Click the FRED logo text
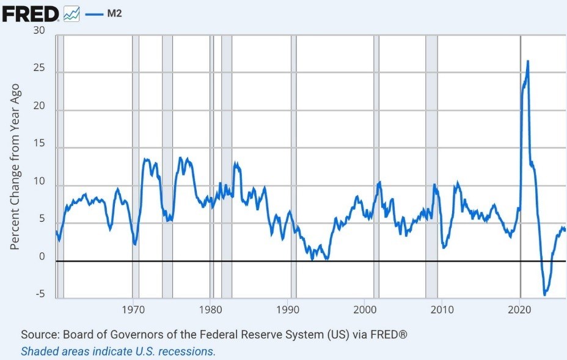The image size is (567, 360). click(x=31, y=13)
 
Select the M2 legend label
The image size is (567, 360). click(x=114, y=13)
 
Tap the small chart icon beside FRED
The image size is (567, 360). click(x=71, y=13)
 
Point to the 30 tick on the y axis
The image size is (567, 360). click(x=40, y=31)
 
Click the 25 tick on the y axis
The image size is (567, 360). click(x=40, y=68)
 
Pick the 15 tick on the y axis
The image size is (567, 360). click(x=40, y=148)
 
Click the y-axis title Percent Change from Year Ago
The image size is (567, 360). click(x=16, y=166)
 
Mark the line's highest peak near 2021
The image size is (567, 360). click(x=528, y=61)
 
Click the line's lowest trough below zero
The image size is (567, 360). click(x=544, y=295)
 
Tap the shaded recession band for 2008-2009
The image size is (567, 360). click(x=431, y=165)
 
